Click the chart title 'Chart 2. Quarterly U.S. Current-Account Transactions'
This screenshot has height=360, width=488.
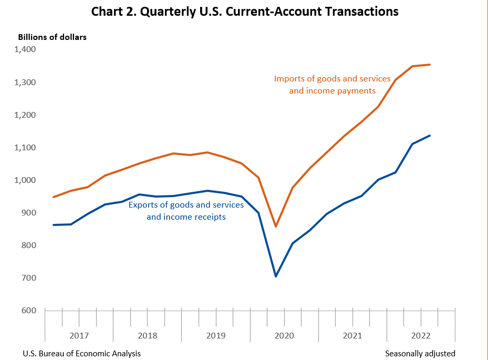pos(244,12)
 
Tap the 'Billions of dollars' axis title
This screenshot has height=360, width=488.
pos(52,37)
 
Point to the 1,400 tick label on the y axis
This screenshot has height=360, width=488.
pos(25,49)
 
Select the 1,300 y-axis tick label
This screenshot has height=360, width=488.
pos(25,83)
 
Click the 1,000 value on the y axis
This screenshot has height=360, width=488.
pos(25,180)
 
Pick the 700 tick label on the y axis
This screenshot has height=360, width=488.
pos(28,277)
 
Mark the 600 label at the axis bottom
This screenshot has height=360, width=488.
pos(28,310)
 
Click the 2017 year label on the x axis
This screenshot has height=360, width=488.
pos(79,335)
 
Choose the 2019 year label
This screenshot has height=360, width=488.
pos(215,335)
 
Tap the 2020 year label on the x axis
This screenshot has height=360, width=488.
pos(284,335)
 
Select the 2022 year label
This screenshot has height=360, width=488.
pos(421,335)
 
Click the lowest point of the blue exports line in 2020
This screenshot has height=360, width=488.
pos(276,276)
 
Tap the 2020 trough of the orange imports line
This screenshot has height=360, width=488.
pos(276,227)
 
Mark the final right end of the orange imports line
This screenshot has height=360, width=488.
pos(430,65)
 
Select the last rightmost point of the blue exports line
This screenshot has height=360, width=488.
pos(430,136)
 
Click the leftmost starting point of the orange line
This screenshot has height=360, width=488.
pos(54,197)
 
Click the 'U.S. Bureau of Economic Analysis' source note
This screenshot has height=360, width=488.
pos(81,353)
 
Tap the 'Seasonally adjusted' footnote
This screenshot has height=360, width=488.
pos(420,353)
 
